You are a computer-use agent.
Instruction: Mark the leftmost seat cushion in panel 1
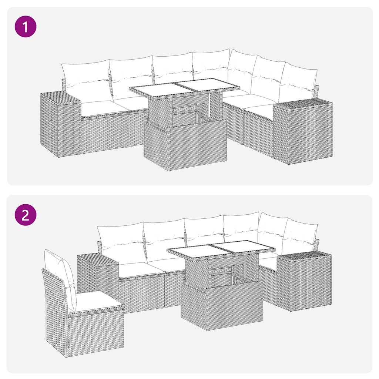coord(98,108)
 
